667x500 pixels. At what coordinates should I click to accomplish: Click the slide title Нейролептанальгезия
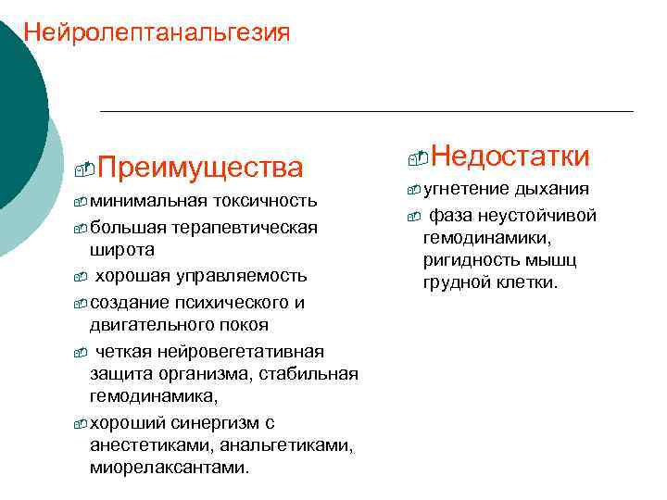coord(157,33)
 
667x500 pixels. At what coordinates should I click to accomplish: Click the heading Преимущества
coord(199,168)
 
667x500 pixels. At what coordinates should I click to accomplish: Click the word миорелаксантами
coord(170,468)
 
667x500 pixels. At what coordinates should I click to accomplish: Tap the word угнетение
coord(467,189)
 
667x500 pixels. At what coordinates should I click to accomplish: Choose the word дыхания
coord(552,189)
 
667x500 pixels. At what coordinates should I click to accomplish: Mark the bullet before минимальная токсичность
coord(81,202)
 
